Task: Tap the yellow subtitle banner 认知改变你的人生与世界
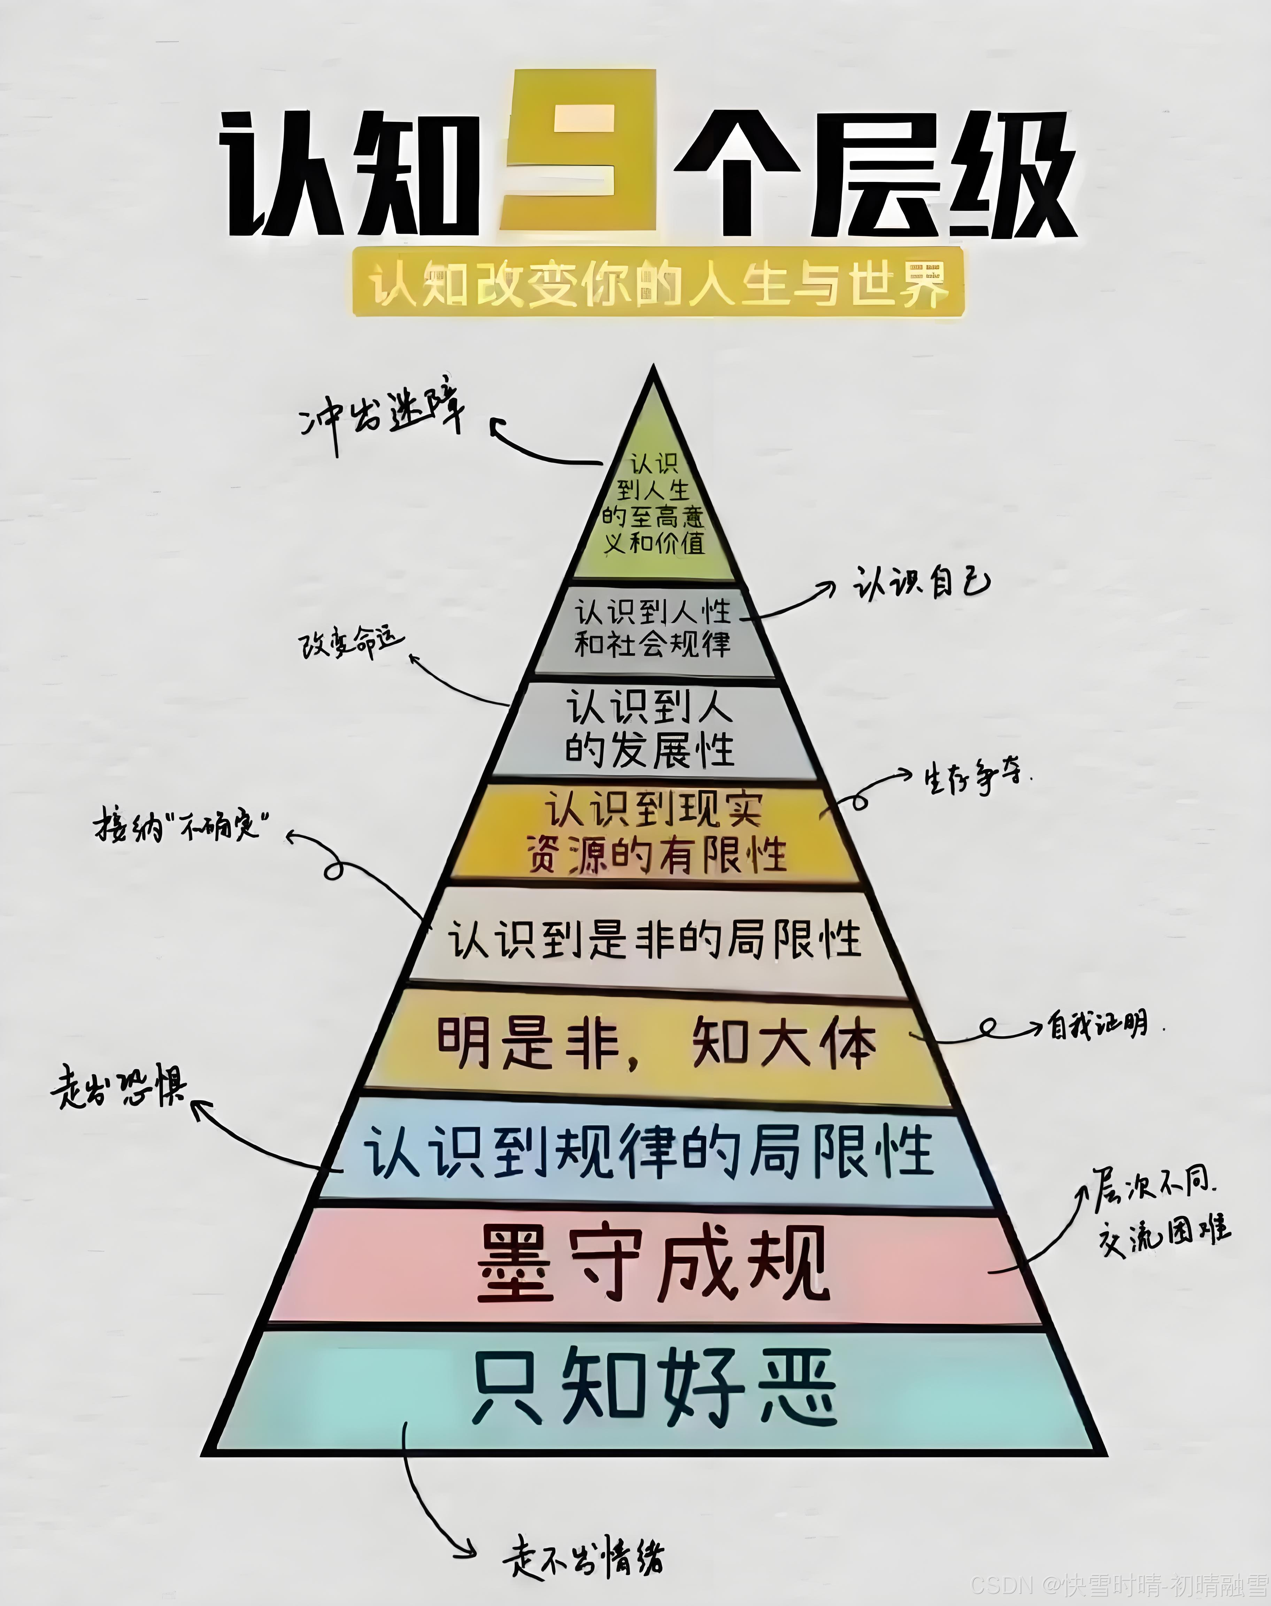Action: click(658, 284)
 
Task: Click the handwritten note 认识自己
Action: click(920, 583)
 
